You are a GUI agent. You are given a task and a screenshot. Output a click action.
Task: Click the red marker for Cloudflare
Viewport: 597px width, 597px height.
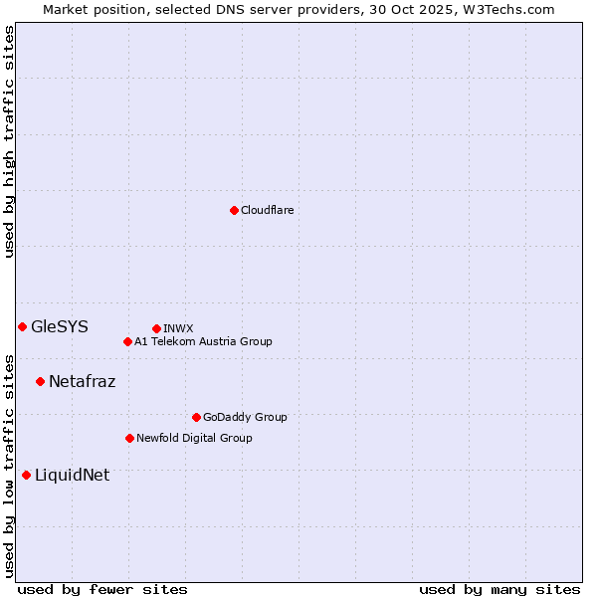(234, 210)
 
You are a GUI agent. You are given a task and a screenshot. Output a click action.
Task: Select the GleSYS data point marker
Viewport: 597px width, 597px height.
(22, 326)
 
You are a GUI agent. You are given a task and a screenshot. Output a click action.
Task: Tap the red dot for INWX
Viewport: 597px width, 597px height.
(156, 328)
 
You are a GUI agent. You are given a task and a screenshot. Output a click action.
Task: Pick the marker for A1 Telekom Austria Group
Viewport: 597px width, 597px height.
(127, 341)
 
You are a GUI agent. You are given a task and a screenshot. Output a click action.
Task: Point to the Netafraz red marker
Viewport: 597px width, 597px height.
(40, 381)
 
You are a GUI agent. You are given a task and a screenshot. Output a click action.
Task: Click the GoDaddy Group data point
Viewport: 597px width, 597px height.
(196, 417)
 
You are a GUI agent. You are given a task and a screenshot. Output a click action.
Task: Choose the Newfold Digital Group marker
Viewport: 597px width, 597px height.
(129, 438)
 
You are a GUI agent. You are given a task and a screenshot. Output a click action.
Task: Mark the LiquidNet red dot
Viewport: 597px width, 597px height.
(26, 475)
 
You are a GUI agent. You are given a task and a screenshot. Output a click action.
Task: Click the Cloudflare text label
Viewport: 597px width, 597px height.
(268, 210)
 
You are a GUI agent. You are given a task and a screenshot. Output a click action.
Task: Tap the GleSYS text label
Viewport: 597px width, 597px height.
(60, 326)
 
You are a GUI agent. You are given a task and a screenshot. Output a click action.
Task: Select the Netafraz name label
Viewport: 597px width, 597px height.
(82, 381)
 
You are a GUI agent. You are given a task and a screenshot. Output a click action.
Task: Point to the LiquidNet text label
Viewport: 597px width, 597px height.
(72, 475)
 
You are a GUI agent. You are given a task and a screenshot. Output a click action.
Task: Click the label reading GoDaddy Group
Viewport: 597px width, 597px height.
(245, 417)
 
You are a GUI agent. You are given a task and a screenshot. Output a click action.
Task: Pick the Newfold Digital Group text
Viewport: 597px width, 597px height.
(194, 438)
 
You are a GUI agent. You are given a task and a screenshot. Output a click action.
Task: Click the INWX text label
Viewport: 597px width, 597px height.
(179, 328)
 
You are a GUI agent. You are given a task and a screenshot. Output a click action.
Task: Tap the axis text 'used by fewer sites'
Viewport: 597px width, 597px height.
(102, 589)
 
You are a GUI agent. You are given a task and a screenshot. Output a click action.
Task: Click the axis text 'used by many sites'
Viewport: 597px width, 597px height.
(499, 589)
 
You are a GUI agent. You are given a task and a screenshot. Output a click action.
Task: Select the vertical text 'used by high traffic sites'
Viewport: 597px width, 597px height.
(9, 141)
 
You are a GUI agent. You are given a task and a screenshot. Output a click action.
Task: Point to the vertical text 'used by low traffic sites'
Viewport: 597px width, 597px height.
(9, 466)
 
